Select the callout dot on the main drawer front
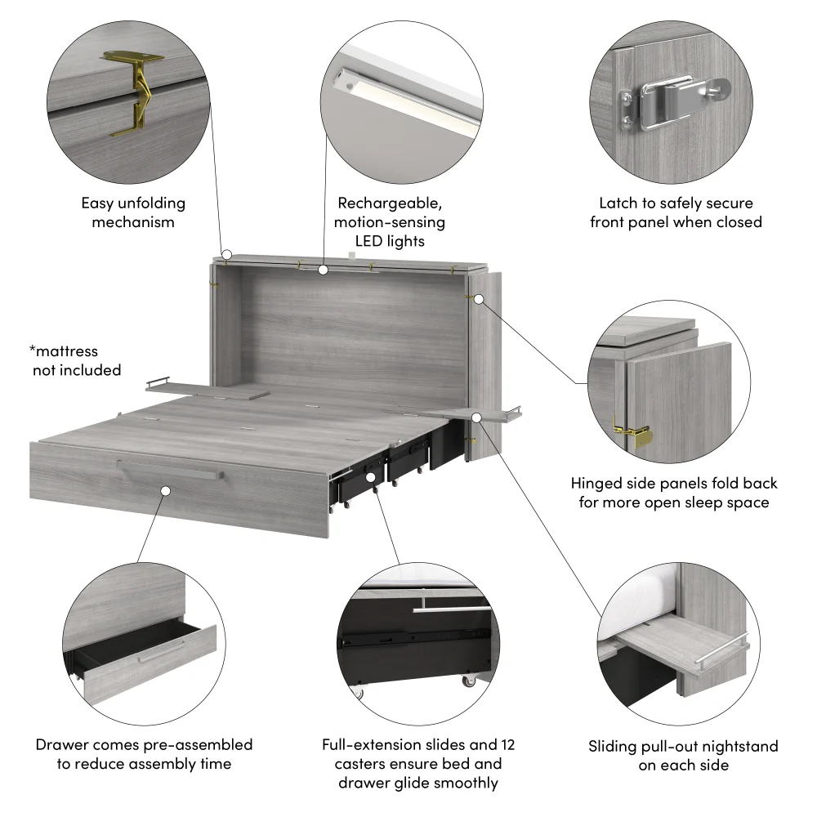(165, 491)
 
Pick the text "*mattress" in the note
(64, 351)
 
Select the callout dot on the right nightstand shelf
(476, 417)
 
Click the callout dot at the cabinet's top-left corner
(228, 255)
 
